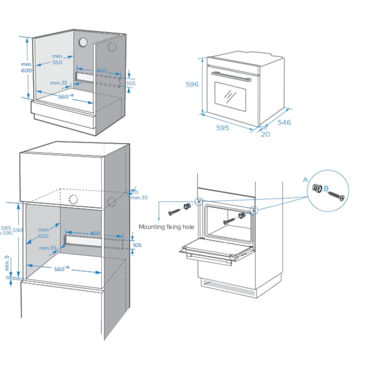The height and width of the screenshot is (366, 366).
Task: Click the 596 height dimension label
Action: pos(193,85)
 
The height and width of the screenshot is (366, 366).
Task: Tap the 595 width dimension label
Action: pos(222,128)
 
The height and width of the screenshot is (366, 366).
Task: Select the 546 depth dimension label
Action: pos(284,122)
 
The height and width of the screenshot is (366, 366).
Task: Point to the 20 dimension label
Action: pos(265,134)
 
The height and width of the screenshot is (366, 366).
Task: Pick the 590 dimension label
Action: pos(18,230)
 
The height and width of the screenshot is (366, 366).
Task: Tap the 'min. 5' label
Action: pos(7,264)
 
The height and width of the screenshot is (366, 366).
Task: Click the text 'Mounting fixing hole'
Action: pos(166,227)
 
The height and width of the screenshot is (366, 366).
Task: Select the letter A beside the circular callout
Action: pos(305,180)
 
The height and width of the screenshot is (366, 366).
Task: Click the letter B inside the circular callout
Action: pos(326,188)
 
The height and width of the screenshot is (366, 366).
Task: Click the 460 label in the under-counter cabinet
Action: pos(101,71)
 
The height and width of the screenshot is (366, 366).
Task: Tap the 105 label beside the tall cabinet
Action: pos(137,245)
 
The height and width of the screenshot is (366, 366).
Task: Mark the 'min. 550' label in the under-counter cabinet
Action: pos(58,59)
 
